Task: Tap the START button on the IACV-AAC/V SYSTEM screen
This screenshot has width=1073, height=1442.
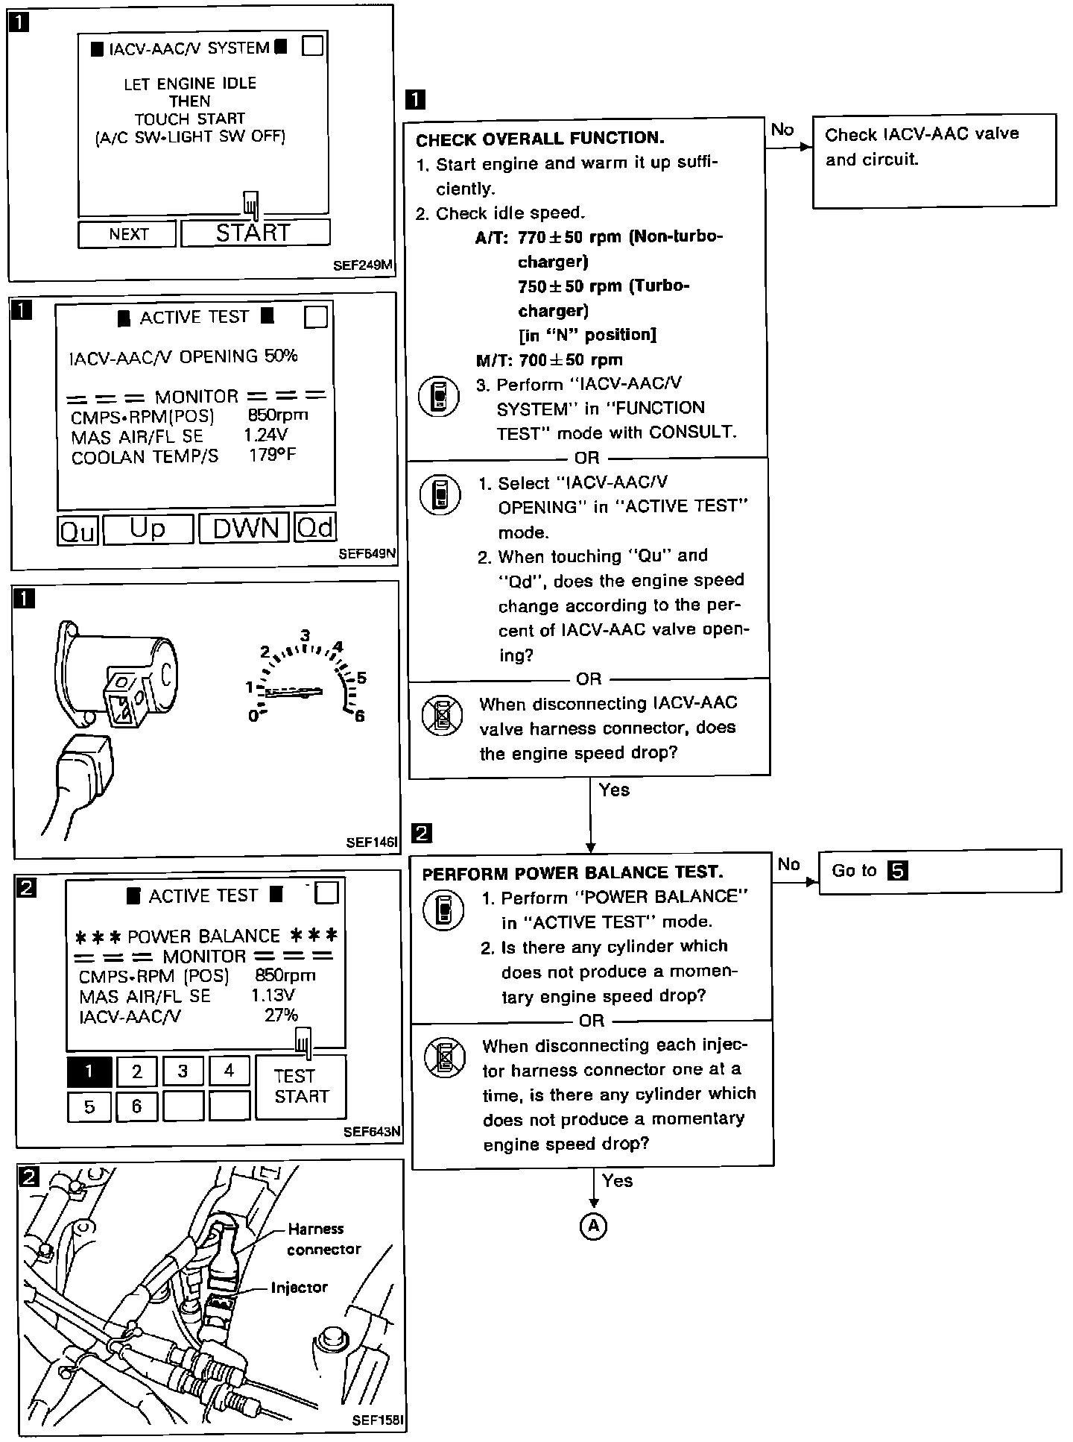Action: click(255, 233)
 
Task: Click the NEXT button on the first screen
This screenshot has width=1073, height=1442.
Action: click(127, 234)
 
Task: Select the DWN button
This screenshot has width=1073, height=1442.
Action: click(244, 528)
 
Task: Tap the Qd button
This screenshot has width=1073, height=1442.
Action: click(315, 528)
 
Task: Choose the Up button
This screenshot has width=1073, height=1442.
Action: click(148, 528)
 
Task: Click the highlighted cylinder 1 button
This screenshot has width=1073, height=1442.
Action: click(89, 1071)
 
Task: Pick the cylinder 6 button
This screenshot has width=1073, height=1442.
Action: click(136, 1106)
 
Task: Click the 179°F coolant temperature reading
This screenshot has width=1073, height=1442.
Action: click(272, 455)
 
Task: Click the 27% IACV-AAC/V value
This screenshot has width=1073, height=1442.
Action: click(281, 1015)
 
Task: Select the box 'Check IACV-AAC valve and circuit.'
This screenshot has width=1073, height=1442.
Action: click(934, 160)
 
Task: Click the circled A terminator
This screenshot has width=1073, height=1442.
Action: click(593, 1226)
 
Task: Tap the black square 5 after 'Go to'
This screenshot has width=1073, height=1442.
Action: click(898, 871)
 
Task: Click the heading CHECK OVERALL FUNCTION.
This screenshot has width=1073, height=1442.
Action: click(539, 139)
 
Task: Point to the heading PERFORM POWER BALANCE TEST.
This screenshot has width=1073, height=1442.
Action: click(572, 873)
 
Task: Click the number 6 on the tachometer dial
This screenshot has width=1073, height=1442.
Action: click(360, 717)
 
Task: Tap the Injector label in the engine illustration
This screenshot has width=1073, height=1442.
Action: click(299, 1288)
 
